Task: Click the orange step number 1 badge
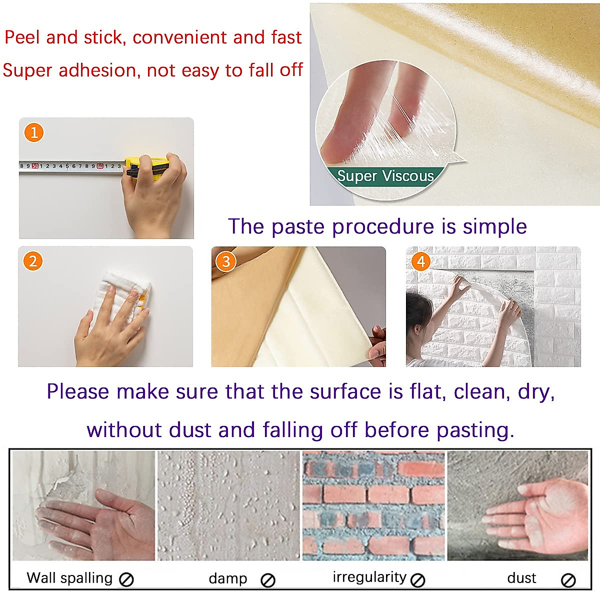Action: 34,132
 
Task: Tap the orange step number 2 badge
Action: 33,261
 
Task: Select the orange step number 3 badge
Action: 226,261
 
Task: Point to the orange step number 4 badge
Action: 421,261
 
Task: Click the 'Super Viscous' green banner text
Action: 385,176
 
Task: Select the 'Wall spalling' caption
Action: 69,578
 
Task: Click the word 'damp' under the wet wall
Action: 228,578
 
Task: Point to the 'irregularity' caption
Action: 369,577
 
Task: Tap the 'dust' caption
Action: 521,578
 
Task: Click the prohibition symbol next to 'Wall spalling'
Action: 126,579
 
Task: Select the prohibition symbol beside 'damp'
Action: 268,580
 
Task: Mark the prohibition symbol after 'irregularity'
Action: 417,579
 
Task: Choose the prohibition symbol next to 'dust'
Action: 568,580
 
